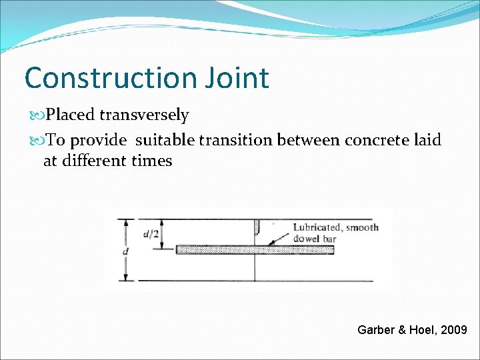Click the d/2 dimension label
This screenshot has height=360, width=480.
pyautogui.click(x=151, y=234)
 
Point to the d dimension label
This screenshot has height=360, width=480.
pyautogui.click(x=125, y=252)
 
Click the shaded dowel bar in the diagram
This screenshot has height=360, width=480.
pyautogui.click(x=220, y=250)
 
